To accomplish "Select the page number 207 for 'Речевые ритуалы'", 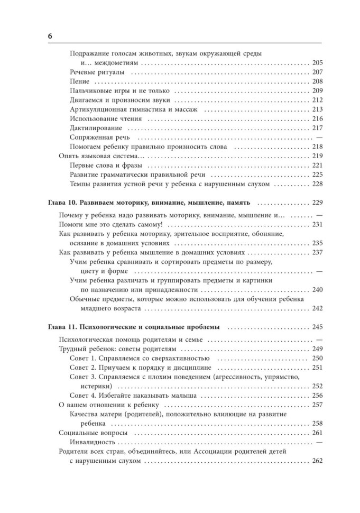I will [x=317, y=72].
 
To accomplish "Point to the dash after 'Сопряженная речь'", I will [x=318, y=138].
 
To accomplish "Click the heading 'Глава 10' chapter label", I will [x=61, y=203].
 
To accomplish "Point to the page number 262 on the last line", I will [x=317, y=461].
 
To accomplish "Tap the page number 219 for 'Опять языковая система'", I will [x=317, y=156].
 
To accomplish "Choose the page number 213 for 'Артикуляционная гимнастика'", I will [x=317, y=109].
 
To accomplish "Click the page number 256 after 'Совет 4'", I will [x=317, y=396].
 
